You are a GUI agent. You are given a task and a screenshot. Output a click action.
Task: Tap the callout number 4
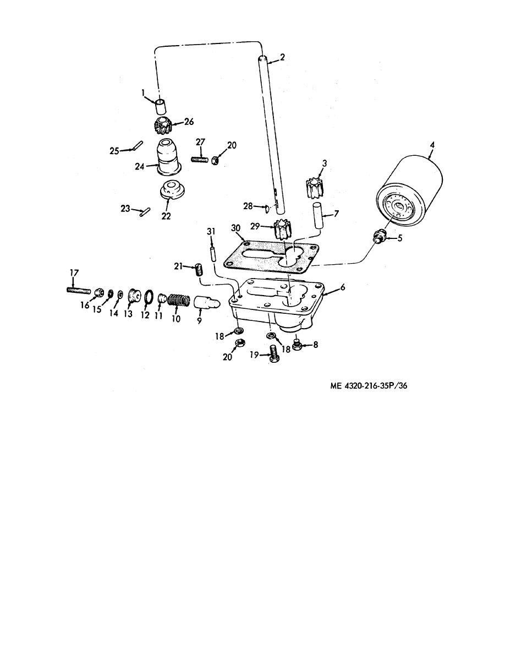point(432,145)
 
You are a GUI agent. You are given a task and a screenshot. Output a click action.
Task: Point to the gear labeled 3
point(315,187)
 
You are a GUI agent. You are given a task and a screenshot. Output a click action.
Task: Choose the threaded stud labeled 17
point(79,290)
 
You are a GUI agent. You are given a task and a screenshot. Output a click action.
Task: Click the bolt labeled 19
point(273,355)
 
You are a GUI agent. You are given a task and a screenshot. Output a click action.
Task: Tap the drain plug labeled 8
point(298,345)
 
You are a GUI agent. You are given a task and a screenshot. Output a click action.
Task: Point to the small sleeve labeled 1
point(160,107)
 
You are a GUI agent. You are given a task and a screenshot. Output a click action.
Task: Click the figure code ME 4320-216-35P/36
point(369,386)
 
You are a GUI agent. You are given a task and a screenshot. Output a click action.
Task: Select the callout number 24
point(139,167)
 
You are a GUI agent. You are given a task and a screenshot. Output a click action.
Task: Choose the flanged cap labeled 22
point(173,190)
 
